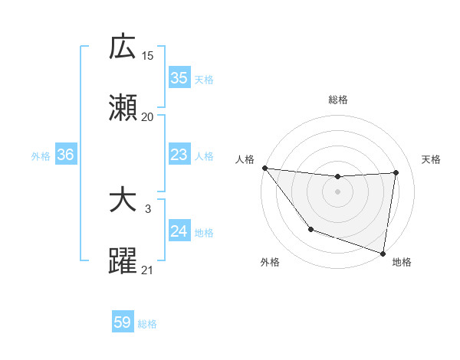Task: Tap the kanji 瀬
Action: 123,109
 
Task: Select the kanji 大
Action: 123,201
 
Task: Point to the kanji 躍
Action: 123,262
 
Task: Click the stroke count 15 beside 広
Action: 148,55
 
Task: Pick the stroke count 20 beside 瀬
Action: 148,117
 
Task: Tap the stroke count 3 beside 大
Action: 148,208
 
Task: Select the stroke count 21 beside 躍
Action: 148,270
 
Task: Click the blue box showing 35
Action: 179,78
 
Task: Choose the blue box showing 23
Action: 179,155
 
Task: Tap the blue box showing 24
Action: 179,232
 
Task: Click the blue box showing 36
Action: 66,155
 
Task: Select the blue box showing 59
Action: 123,323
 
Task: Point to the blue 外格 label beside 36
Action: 41,156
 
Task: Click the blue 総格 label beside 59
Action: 147,324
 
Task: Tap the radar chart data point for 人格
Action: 264,168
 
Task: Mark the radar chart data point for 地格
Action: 383,253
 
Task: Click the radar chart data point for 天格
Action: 396,172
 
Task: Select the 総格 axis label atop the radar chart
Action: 338,100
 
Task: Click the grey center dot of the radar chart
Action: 338,191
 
